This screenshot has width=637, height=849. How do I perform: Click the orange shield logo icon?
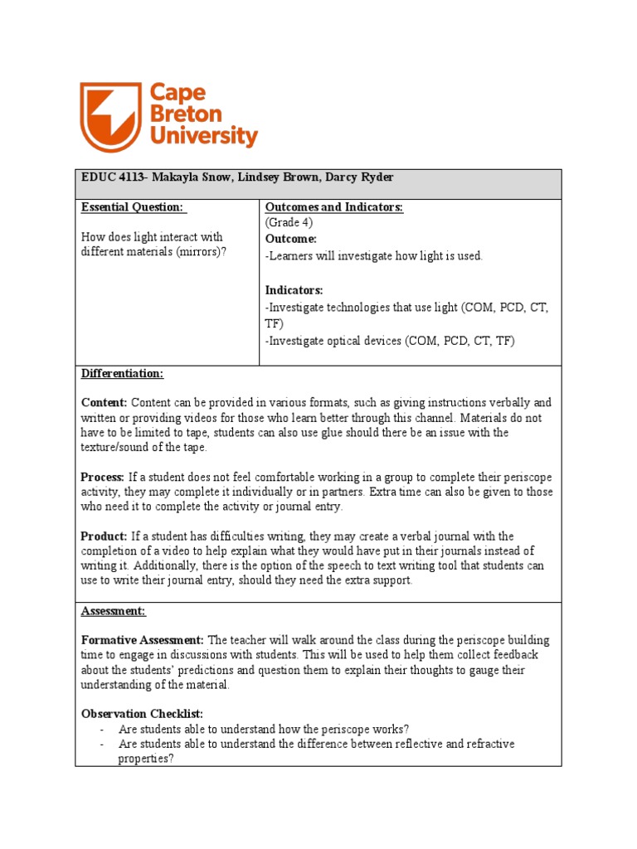110,116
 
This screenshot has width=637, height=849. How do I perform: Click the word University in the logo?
204,136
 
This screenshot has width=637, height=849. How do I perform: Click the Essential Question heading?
132,207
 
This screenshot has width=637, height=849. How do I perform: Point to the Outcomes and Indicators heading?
333,207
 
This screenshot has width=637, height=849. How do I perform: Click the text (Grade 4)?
290,222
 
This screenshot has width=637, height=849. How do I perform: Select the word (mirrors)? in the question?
201,252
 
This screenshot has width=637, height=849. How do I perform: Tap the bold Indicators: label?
294,290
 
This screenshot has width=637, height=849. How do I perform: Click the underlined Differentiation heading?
122,373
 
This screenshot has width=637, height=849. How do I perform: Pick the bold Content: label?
104,402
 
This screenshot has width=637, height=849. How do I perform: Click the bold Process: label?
102,477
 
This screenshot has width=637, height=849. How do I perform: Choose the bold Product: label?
104,536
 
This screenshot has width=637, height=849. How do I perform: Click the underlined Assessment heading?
113,611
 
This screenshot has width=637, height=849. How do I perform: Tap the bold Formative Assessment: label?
143,640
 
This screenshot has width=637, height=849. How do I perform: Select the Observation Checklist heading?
142,713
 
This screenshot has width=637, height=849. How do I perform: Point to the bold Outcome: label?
290,238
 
